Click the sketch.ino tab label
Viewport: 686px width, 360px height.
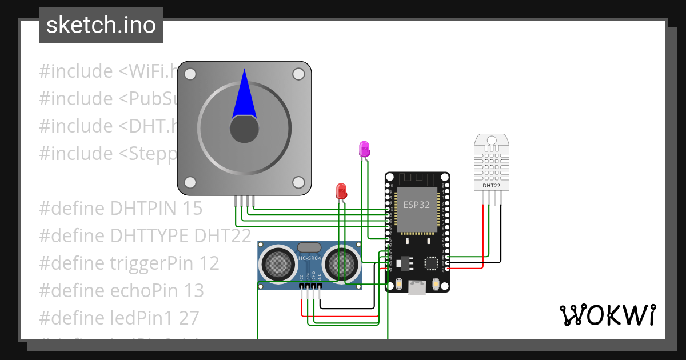(101, 25)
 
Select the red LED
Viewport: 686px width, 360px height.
(341, 191)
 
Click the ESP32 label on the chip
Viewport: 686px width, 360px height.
(416, 205)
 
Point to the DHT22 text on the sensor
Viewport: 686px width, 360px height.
(492, 185)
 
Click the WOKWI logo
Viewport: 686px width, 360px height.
(607, 315)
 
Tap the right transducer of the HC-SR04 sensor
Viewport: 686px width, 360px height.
(341, 264)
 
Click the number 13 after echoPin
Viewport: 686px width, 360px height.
(194, 291)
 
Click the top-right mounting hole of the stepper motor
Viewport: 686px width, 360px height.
(298, 74)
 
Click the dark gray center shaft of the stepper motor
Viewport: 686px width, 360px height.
(244, 130)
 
